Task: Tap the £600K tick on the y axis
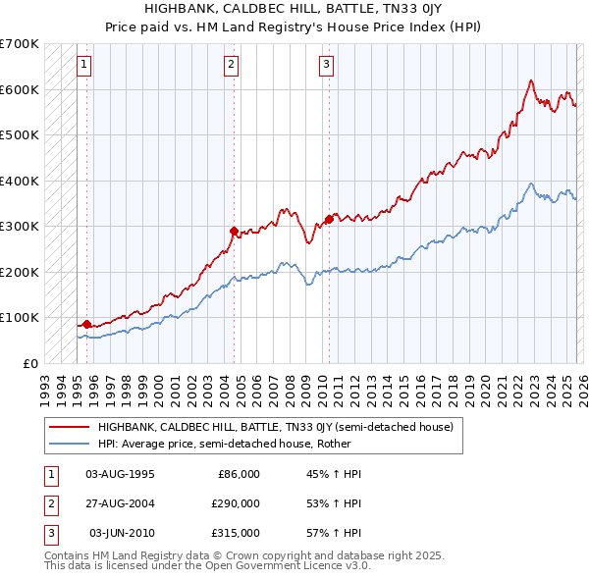(20, 89)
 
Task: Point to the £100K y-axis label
(20, 317)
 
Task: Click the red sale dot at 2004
(234, 232)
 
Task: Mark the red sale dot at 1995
(86, 324)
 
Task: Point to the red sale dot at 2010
(328, 219)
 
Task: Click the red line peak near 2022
(530, 80)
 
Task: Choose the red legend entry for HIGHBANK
(275, 427)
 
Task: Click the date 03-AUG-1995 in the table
(120, 474)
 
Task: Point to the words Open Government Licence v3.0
(295, 566)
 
